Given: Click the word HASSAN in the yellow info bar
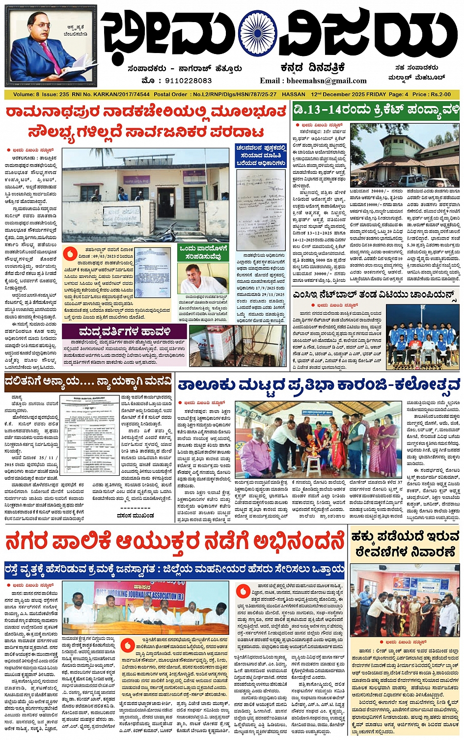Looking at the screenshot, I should (294, 94).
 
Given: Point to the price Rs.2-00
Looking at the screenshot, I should (439, 94).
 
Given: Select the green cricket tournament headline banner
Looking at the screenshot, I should (376, 110).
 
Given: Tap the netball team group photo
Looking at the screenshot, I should (423, 336).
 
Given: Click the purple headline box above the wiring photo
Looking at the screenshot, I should (125, 332).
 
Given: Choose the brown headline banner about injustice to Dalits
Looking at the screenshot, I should (88, 382).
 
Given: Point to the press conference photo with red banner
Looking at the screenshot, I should (145, 607).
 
